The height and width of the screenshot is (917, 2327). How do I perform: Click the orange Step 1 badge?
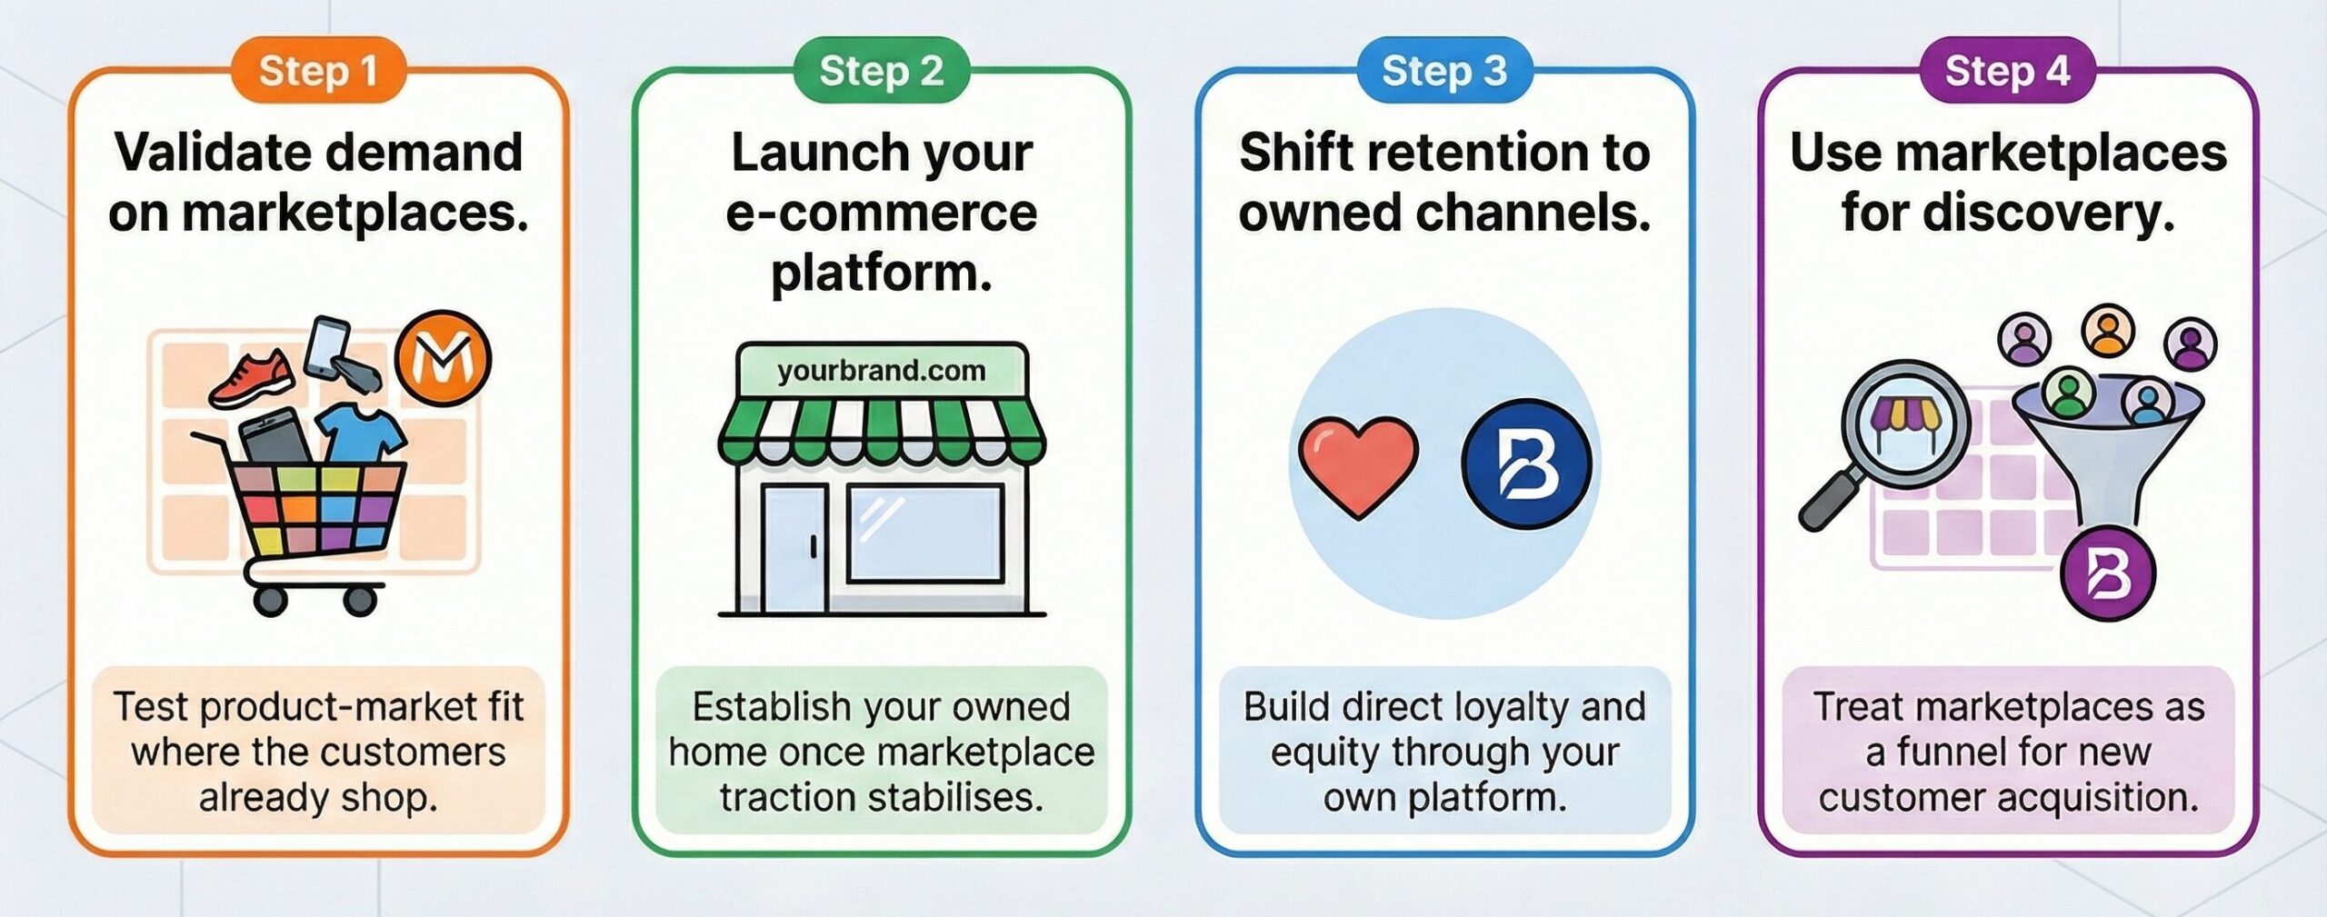pos(318,71)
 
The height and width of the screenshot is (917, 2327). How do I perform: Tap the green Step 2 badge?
pos(881,71)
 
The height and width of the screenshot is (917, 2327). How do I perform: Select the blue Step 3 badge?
pos(1444,71)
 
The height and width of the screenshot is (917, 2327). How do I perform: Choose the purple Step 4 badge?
pos(2007,71)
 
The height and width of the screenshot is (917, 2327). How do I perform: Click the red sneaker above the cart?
pos(252,379)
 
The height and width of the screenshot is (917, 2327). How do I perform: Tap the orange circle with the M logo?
pos(443,359)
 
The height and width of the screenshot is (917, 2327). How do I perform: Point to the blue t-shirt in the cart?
pos(363,434)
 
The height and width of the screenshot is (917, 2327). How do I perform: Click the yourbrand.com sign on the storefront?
pos(881,371)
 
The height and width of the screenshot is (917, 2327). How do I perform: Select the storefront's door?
pos(794,548)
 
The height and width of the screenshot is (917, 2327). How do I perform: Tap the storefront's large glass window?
pos(924,533)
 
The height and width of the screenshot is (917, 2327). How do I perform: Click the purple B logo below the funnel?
pos(2107,574)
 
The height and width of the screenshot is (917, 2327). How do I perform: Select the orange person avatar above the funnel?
pos(2107,331)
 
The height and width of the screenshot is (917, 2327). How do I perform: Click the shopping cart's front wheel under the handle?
pos(270,600)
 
